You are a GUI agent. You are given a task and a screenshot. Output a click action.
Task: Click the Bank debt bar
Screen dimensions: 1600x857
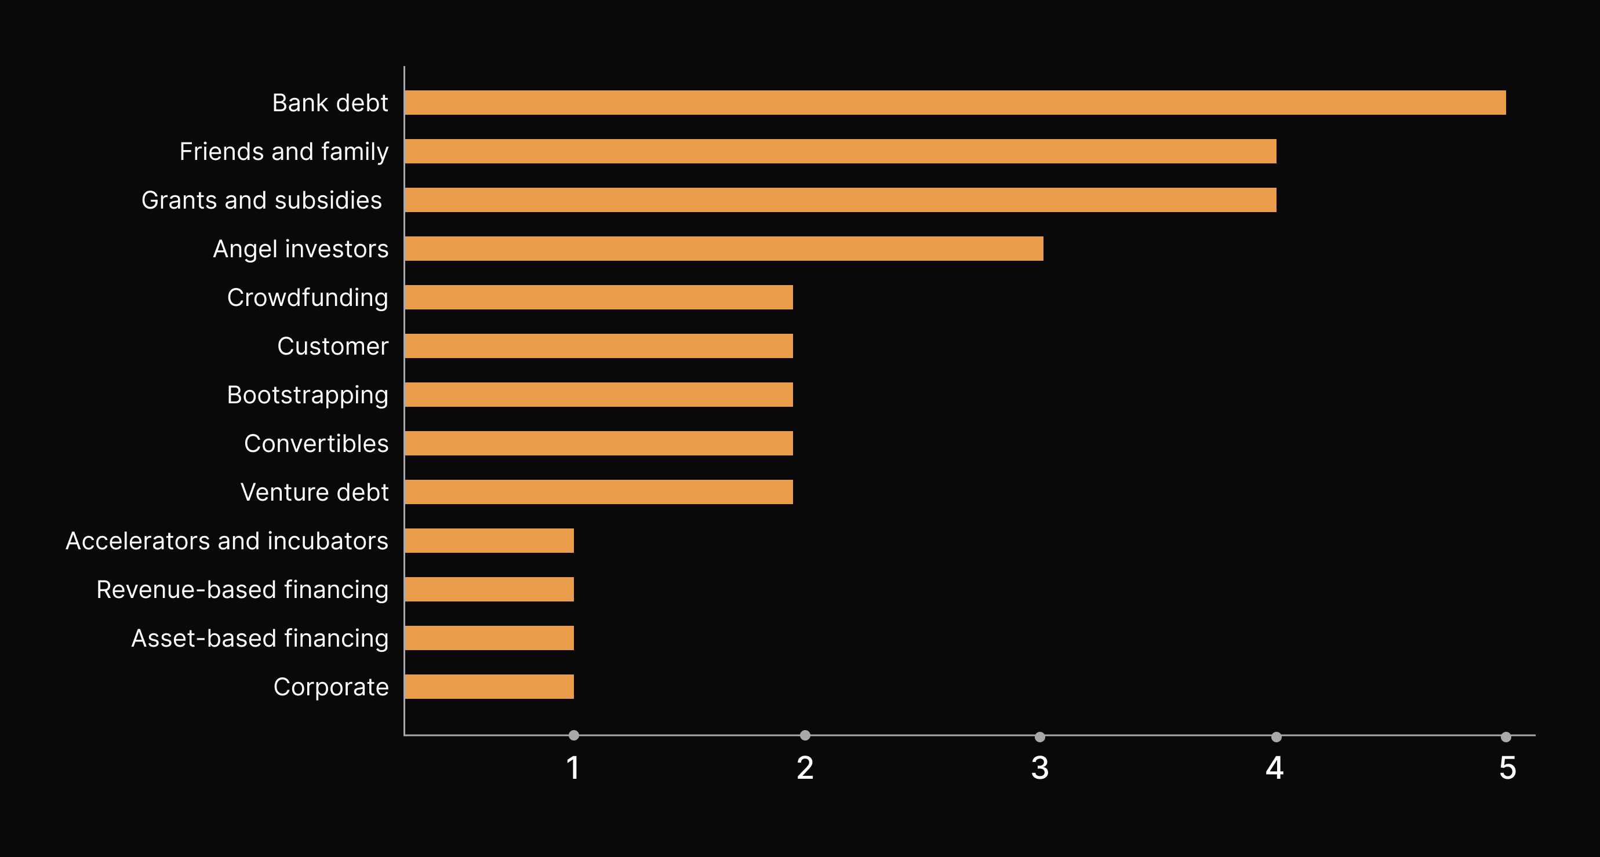pos(955,103)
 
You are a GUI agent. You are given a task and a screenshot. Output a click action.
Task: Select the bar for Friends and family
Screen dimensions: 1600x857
pos(841,151)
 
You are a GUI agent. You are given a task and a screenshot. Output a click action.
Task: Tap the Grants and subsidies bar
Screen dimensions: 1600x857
pos(841,200)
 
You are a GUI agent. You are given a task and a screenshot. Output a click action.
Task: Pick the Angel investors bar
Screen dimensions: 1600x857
pos(724,249)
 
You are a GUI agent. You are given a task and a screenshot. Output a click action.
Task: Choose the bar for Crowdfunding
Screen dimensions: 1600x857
pos(599,297)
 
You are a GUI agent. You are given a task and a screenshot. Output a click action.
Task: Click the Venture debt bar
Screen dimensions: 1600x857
pos(599,492)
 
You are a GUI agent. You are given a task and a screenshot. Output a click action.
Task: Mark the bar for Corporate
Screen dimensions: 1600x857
pos(489,687)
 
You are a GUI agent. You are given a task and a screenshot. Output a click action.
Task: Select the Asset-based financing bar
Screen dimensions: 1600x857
pos(489,638)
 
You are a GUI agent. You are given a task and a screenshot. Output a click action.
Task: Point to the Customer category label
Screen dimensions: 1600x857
pos(333,347)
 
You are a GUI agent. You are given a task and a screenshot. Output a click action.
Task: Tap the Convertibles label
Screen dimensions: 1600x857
pos(317,443)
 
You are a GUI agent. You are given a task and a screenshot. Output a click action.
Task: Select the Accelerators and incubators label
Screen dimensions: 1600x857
pos(227,541)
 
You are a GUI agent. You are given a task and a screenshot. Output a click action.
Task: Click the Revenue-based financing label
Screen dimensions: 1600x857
pos(243,590)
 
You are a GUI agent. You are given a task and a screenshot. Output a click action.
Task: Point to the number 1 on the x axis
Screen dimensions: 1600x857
pos(573,768)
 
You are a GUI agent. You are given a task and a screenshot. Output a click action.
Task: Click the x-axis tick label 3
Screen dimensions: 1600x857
pos(1040,768)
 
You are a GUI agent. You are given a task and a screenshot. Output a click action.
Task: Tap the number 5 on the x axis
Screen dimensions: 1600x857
pos(1507,768)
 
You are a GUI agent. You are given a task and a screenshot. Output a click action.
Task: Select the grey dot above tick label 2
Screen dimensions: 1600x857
pos(805,735)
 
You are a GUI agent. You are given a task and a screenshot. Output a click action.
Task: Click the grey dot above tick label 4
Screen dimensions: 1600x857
pos(1277,736)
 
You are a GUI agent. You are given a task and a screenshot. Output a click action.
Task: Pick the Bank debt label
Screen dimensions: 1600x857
pos(330,103)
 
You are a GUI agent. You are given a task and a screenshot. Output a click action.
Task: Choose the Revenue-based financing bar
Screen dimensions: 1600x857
pos(489,589)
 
